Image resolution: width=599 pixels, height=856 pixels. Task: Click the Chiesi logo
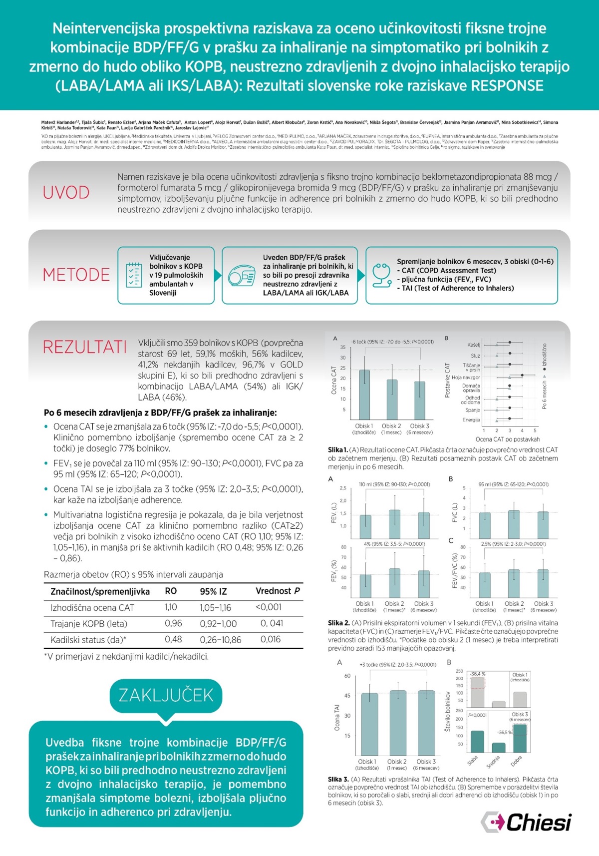[x=526, y=822]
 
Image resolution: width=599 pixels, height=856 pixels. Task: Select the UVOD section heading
[x=66, y=193]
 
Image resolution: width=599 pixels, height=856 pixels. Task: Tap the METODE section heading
[x=76, y=275]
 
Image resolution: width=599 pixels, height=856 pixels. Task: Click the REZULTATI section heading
[x=84, y=347]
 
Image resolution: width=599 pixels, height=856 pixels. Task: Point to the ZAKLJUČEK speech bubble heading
[x=166, y=695]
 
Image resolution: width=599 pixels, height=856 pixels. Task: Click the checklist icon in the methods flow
[x=134, y=275]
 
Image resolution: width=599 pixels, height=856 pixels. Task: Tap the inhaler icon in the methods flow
[x=242, y=276]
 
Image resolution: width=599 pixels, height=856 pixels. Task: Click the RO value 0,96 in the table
[x=173, y=623]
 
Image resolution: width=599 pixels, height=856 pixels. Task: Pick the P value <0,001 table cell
[x=269, y=607]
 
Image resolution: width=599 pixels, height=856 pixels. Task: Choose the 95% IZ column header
[x=213, y=591]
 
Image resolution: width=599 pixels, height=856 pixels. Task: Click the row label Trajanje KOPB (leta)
[x=89, y=624]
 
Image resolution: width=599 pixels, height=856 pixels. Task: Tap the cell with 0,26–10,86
[x=220, y=640]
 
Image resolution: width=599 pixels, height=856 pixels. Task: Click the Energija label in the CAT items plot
[x=471, y=420]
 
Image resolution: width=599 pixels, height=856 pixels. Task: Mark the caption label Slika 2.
[x=338, y=623]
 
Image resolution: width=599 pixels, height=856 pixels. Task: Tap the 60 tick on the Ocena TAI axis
[x=347, y=676]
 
